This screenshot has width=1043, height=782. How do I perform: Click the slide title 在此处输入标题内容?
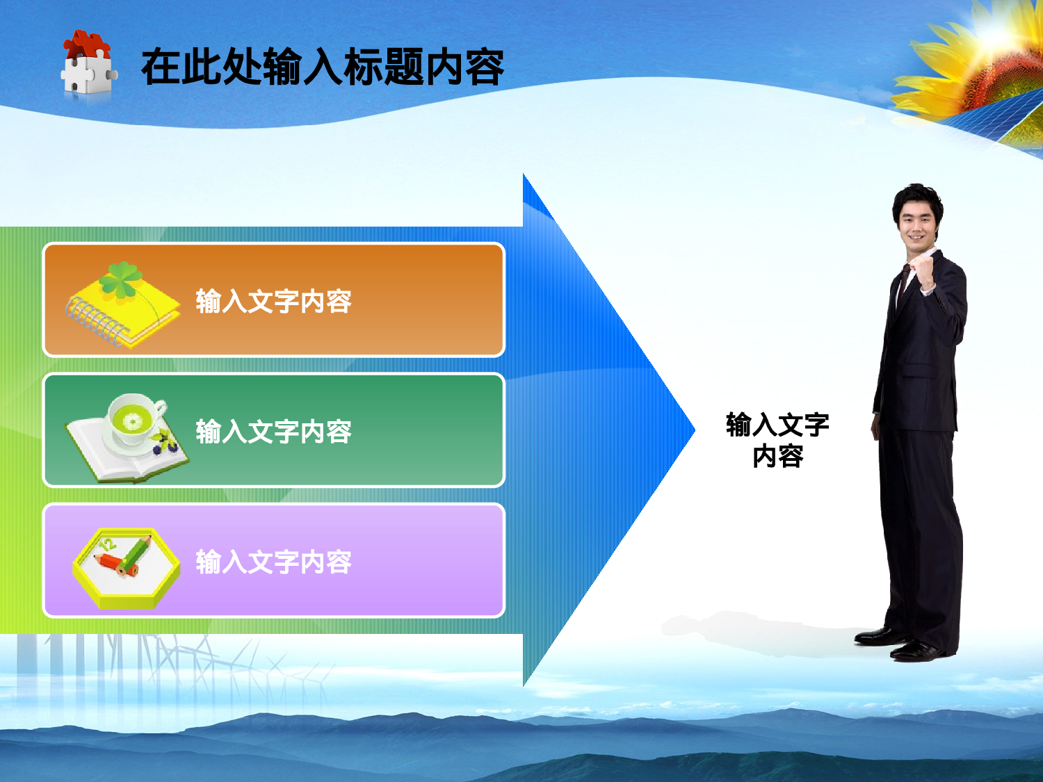pos(322,67)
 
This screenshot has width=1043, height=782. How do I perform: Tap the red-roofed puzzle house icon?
pos(88,63)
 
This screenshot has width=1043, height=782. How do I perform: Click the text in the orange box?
pos(273,302)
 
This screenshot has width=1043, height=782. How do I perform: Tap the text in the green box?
pos(273,432)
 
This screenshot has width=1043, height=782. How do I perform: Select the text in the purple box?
pos(273,562)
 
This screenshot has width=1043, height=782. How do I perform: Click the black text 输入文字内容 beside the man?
pos(777,440)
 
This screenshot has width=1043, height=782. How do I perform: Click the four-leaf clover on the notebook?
pos(121,279)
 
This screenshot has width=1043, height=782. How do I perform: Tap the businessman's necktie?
pos(902,285)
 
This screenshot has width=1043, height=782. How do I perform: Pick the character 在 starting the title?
pos(161,67)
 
